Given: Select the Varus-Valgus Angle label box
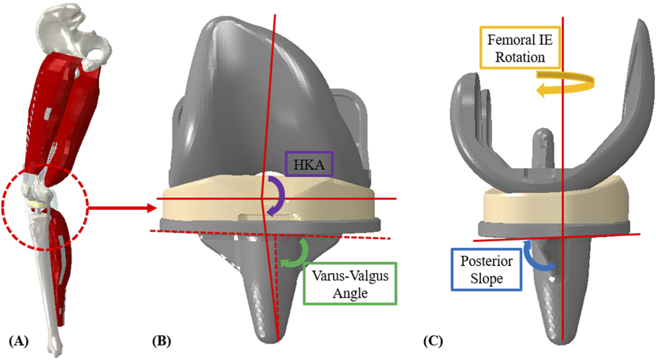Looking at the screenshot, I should [349, 283].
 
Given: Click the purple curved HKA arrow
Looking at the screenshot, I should [277, 196].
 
